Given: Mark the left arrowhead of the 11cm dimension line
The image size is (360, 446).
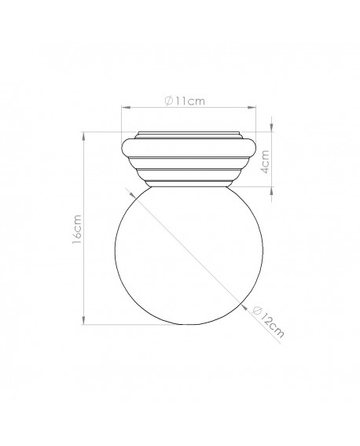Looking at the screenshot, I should coord(123,109).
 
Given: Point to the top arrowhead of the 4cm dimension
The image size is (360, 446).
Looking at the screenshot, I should coord(271,131).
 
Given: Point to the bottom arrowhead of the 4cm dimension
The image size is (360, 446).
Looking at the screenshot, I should coord(271,188).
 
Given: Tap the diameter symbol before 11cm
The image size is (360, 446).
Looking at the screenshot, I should coord(170,101).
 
